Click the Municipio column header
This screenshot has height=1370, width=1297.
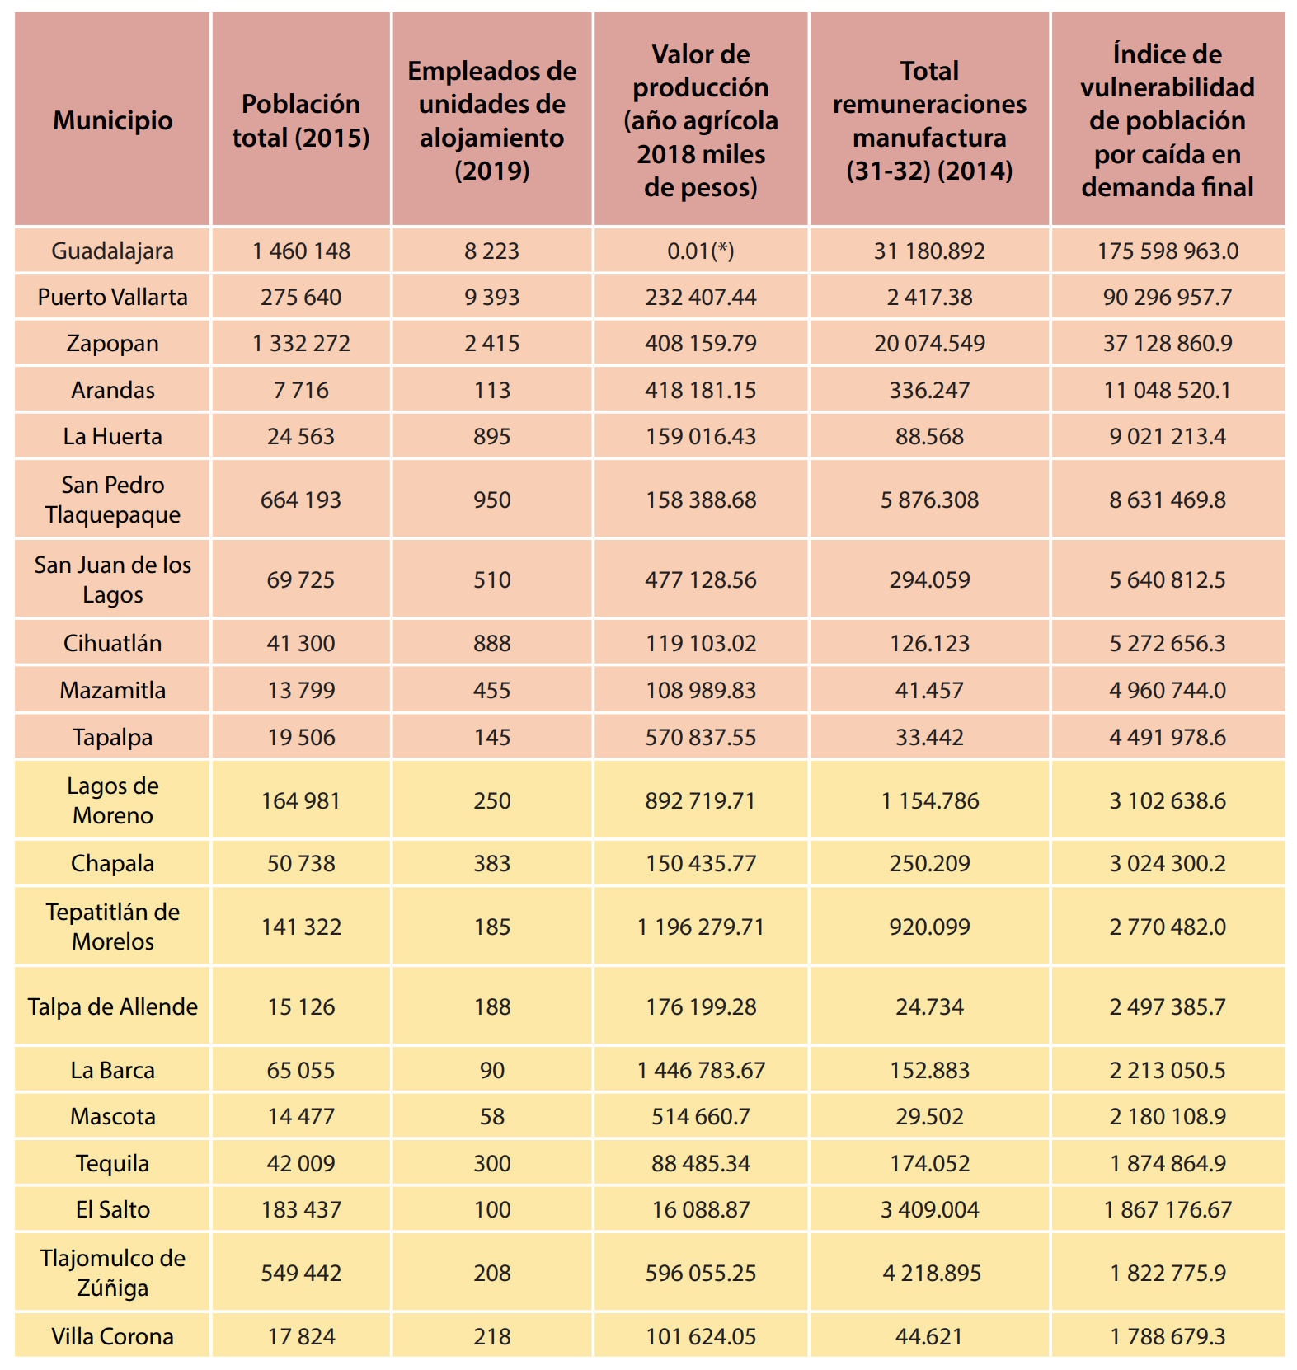coord(113,120)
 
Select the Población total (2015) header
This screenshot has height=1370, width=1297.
coord(301,120)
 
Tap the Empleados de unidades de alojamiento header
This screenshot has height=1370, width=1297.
coord(492,120)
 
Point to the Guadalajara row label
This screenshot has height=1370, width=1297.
coord(113,251)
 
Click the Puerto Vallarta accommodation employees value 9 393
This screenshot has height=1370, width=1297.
coord(492,297)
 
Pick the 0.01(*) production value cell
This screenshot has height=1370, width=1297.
coord(701,251)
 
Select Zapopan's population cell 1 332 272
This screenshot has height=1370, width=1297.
coord(301,343)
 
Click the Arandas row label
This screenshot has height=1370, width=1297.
coord(113,390)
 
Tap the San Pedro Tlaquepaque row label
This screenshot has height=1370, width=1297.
coord(113,500)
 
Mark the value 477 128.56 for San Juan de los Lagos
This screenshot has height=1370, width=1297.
coord(701,579)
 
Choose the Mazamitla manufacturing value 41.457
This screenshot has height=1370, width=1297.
coord(929,690)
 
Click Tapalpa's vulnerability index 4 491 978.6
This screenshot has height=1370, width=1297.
coord(1168,737)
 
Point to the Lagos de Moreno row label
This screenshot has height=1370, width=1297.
coord(113,800)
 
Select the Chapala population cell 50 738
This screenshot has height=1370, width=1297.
coord(301,863)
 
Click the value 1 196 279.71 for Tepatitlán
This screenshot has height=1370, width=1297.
coord(701,927)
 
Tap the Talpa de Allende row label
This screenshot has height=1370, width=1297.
coord(113,1006)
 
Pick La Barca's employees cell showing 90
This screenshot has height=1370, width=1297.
coord(492,1070)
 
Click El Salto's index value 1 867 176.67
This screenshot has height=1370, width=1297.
coord(1168,1209)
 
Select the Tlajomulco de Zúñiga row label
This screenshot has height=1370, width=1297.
coord(113,1273)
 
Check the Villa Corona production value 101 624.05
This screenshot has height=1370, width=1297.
coord(701,1336)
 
